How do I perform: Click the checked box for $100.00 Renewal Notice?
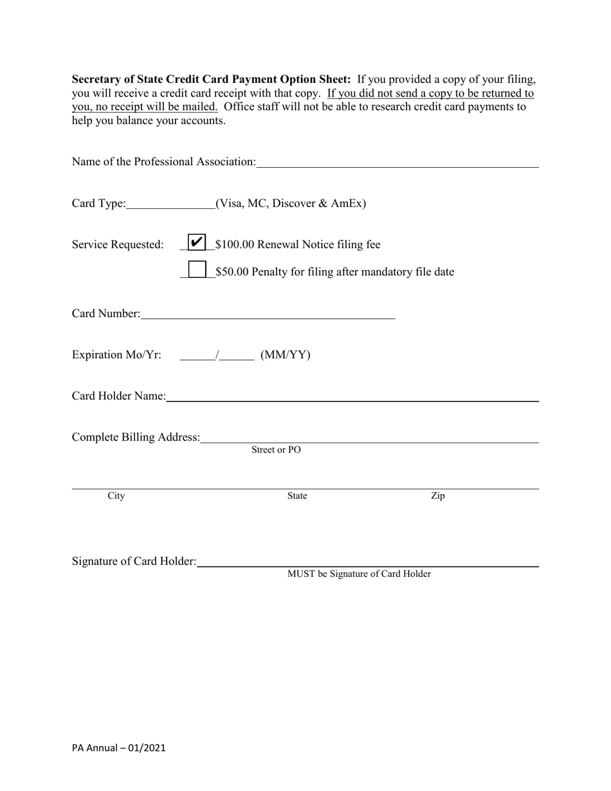(x=197, y=242)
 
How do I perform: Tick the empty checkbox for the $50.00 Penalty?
(x=197, y=269)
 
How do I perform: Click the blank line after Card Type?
(x=170, y=205)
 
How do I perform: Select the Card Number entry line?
(x=267, y=315)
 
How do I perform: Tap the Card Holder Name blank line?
(x=352, y=397)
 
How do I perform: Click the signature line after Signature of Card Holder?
(x=367, y=563)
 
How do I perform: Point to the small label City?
(x=116, y=496)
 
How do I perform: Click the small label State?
(x=297, y=496)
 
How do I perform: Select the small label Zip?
(x=438, y=496)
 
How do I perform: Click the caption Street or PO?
(x=276, y=450)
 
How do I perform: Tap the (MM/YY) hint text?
(x=286, y=355)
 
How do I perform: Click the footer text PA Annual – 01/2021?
(x=119, y=748)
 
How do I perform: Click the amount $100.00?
(x=235, y=245)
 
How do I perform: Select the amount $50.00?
(x=232, y=272)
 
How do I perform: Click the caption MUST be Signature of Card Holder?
(x=359, y=574)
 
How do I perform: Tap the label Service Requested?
(x=118, y=245)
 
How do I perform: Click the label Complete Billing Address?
(x=136, y=437)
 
